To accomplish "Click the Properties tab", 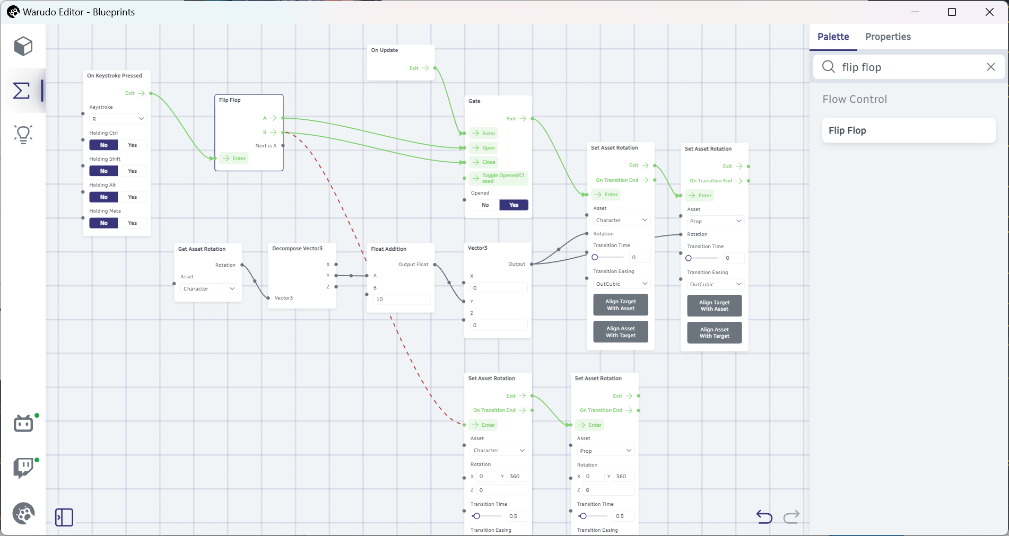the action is tap(888, 37).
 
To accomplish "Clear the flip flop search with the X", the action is tap(990, 67).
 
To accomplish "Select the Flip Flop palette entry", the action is tap(908, 130).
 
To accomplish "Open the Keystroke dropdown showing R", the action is tap(117, 119).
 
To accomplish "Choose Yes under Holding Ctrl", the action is tap(132, 145).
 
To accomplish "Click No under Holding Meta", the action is tap(104, 223).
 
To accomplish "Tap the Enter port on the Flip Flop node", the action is tap(234, 159).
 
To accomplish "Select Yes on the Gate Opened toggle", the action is tap(514, 205).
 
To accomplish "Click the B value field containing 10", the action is tap(402, 300).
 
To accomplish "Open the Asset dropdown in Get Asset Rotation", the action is tap(209, 289).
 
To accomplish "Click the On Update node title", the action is tap(385, 50).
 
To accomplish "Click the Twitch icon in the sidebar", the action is tap(23, 468).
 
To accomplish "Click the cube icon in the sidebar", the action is tap(23, 46).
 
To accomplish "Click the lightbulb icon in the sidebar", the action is tap(23, 134).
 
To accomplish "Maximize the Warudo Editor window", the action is tap(952, 12).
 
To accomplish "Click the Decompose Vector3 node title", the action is tap(297, 249).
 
